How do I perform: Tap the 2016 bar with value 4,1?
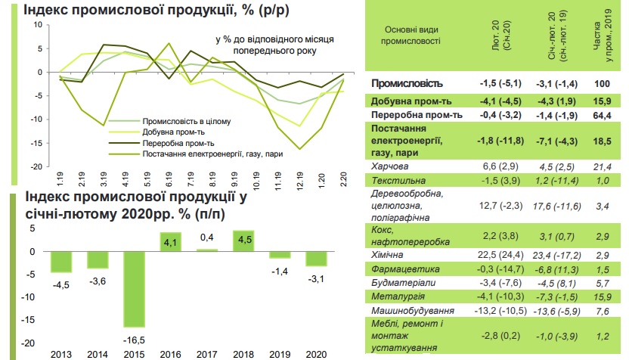coord(172,242)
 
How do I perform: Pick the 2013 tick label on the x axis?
coord(60,353)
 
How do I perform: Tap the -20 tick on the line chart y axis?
coord(36,166)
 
